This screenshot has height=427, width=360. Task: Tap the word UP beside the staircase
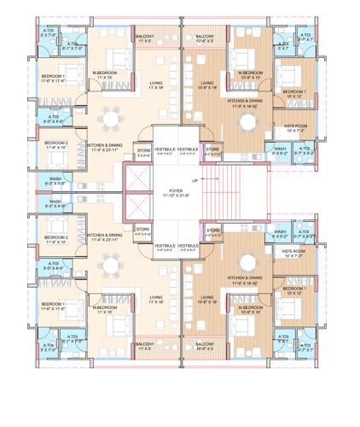[195, 181]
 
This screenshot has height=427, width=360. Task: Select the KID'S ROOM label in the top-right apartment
[294, 128]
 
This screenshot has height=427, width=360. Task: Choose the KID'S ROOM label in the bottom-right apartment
[294, 253]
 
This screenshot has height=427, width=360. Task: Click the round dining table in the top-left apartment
[109, 117]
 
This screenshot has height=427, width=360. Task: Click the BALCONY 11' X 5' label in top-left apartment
[144, 38]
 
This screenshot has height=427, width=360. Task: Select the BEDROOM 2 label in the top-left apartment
[55, 144]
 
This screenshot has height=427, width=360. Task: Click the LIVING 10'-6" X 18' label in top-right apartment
[207, 85]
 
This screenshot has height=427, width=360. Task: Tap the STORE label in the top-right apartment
[212, 149]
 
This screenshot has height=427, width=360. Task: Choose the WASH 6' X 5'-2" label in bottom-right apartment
[280, 232]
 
